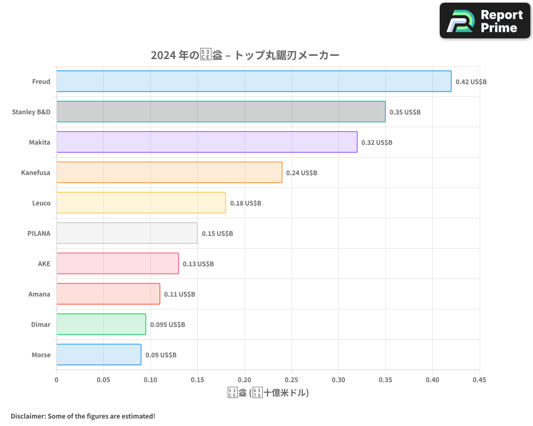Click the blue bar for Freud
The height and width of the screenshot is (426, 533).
point(254,81)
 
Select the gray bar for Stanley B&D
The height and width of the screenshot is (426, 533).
point(221,112)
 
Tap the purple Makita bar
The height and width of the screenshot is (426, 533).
point(207,142)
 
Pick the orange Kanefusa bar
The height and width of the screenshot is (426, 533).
point(169,173)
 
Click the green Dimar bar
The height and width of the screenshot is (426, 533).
point(101,324)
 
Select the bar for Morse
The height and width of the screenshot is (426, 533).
point(99,355)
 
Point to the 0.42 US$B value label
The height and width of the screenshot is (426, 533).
point(471,82)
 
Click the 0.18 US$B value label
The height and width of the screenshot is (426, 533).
point(246,203)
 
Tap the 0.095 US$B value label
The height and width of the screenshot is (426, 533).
point(167,325)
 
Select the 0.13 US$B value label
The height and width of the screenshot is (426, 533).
point(198,264)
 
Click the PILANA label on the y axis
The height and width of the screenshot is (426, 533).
point(39,233)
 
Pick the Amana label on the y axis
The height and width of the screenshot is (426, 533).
point(39,294)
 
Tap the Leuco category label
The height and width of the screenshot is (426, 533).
point(41,203)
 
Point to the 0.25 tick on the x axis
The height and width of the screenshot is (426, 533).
point(292,380)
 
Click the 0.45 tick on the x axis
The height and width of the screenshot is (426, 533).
point(479,380)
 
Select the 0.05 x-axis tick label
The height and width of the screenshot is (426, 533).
point(103,380)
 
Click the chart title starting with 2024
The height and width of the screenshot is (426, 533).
point(245,55)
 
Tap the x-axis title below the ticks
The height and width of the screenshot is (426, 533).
point(268,393)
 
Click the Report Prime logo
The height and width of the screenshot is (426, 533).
point(485,21)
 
